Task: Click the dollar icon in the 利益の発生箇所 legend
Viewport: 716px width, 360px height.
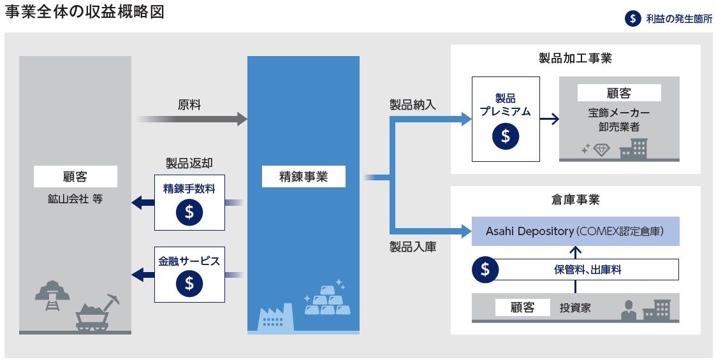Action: tap(632, 18)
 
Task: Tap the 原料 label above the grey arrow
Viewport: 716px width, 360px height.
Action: tap(189, 104)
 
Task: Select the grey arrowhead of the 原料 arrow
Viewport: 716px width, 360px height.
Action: tap(242, 119)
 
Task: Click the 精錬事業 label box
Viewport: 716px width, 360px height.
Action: tap(303, 177)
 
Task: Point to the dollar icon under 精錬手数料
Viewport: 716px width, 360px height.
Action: tap(189, 212)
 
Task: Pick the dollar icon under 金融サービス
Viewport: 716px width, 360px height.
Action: tap(189, 282)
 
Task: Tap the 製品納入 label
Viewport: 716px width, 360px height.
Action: tap(413, 104)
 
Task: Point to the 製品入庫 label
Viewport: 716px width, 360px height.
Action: tap(413, 247)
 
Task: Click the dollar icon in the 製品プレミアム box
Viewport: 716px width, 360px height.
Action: tap(506, 136)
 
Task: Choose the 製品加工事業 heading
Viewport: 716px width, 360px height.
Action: tap(575, 59)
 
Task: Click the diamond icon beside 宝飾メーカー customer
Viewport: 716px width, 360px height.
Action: tap(601, 149)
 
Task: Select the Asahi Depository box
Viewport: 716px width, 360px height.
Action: tap(575, 231)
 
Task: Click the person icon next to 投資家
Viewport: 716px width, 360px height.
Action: tap(629, 310)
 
